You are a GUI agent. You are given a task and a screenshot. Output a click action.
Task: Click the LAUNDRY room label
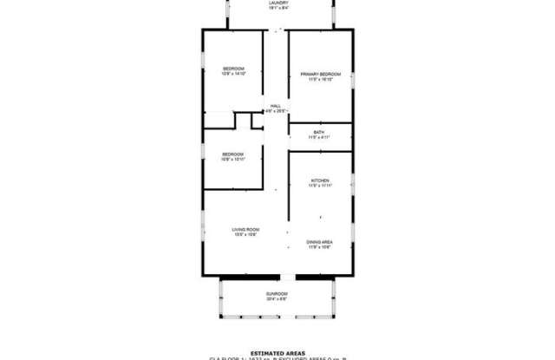277,3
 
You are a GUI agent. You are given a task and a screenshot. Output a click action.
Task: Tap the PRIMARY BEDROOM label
320,75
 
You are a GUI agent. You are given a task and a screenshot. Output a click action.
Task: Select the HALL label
275,106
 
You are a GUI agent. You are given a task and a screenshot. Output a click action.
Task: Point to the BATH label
320,132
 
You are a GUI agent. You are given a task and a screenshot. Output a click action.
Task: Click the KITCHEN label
320,180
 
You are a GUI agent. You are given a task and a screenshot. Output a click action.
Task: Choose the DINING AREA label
319,242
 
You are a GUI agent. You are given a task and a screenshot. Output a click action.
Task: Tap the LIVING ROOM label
245,229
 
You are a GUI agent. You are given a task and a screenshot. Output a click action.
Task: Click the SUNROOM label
277,294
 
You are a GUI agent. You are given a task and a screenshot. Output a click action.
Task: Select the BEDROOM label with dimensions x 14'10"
233,69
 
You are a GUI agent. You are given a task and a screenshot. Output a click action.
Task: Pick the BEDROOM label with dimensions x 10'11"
232,154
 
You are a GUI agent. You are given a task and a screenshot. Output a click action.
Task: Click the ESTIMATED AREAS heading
277,353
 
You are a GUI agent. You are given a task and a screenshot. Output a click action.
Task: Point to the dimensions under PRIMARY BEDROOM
320,80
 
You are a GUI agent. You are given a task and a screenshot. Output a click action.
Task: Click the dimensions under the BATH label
320,137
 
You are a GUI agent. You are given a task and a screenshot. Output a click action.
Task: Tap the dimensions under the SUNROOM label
277,299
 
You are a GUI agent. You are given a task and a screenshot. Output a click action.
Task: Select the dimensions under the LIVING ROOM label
245,234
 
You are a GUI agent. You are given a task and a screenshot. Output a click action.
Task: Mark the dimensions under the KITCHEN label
320,186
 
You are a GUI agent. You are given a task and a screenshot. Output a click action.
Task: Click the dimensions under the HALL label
275,111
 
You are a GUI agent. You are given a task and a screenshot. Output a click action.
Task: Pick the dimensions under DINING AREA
319,247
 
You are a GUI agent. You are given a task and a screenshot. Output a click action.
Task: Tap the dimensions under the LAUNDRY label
277,9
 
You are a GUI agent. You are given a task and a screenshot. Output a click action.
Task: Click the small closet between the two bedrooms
256,120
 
